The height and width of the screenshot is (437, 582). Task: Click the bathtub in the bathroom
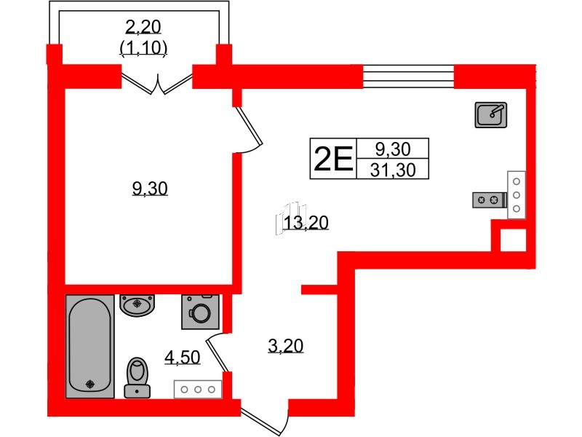(x=89, y=347)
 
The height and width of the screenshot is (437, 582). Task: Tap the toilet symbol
(x=137, y=377)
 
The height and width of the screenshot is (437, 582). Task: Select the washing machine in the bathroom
(x=201, y=312)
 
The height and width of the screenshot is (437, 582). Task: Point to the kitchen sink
(x=490, y=115)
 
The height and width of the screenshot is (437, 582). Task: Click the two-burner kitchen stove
(x=489, y=200)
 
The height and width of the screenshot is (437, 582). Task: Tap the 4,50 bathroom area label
(x=183, y=357)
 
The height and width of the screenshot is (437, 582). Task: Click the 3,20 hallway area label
(x=285, y=345)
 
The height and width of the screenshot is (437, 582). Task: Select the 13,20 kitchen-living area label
(x=306, y=223)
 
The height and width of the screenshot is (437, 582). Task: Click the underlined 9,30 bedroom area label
(x=150, y=189)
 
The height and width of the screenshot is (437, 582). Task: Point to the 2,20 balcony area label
(x=143, y=27)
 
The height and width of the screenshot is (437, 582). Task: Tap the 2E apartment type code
(x=333, y=159)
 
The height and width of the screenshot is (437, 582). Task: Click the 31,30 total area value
(x=393, y=170)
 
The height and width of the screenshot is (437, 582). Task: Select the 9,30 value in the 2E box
(x=393, y=149)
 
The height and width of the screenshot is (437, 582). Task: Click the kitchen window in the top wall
(x=408, y=76)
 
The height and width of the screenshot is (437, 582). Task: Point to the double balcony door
(x=157, y=84)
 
